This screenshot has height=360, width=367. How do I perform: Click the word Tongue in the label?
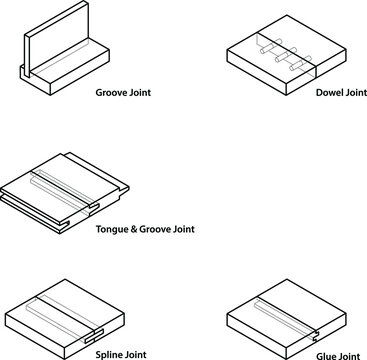tap(110, 230)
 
